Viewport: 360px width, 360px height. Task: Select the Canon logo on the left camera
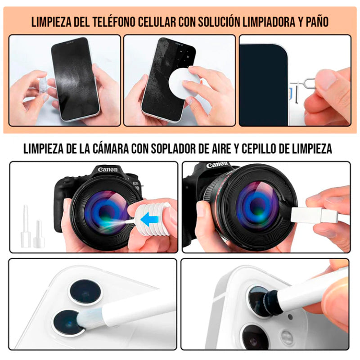[x=108, y=170]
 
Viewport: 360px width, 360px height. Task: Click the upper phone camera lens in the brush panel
[x=85, y=290]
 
